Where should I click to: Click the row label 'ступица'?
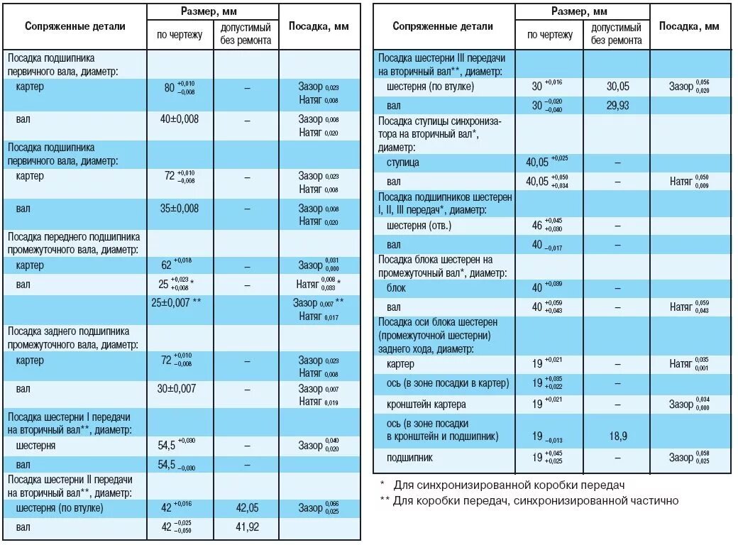coord(402,163)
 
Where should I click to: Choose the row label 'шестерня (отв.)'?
coord(419,226)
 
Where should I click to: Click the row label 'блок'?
coord(397,289)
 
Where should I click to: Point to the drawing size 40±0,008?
coord(180,119)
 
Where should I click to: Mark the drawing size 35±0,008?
coord(180,209)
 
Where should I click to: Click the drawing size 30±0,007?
coord(180,388)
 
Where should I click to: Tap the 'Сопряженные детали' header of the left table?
coord(75,26)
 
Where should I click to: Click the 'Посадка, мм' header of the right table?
coord(689,26)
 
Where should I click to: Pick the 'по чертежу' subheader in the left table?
coord(180,34)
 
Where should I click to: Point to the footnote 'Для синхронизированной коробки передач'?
coord(510,485)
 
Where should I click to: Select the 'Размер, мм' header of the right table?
coord(583,11)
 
